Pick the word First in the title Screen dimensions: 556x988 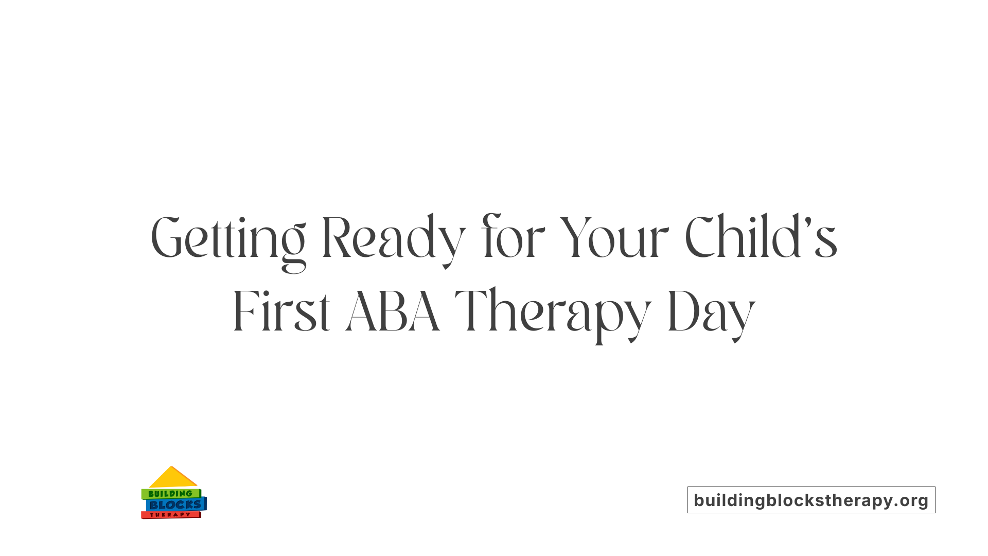[x=281, y=311]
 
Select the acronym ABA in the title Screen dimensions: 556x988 [x=393, y=311]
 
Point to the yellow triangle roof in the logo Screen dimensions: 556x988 [x=172, y=478]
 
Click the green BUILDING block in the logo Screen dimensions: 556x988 [x=170, y=494]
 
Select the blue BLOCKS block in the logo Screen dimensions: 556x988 [x=175, y=505]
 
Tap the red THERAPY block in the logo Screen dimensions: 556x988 [x=170, y=515]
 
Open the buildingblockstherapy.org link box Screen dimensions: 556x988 [x=811, y=500]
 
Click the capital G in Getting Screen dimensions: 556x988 [x=167, y=238]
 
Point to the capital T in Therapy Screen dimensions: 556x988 [x=470, y=311]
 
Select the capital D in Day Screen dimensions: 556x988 [x=682, y=311]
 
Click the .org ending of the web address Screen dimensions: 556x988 [x=912, y=500]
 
